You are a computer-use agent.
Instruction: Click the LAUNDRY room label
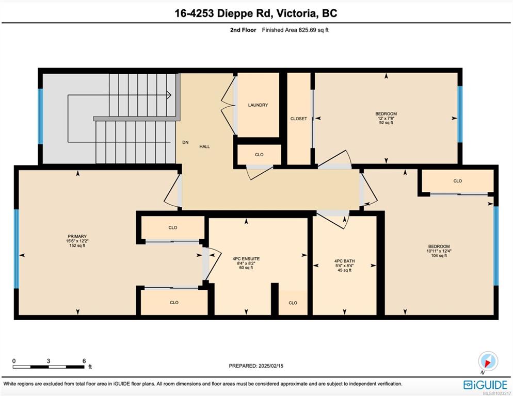[258, 105]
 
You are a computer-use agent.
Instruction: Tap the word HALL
[205, 146]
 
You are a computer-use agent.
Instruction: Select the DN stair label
[185, 142]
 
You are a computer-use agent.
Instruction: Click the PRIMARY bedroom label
[77, 236]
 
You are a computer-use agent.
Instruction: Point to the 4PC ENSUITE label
[246, 259]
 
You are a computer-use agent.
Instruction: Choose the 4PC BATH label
[345, 261]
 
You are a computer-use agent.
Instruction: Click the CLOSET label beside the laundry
[299, 119]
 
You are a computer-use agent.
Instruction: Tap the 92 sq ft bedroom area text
[386, 123]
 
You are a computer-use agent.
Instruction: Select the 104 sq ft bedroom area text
[439, 255]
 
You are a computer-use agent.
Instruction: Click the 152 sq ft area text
[77, 245]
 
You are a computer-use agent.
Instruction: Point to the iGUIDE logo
[485, 385]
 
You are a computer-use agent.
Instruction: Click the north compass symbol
[488, 361]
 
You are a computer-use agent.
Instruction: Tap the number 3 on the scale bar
[49, 361]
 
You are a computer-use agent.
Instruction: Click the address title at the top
[256, 13]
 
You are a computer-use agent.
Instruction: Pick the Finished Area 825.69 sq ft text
[295, 30]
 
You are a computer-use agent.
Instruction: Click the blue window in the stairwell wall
[40, 117]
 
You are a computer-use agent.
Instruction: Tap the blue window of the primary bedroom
[17, 249]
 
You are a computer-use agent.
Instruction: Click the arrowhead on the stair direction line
[169, 95]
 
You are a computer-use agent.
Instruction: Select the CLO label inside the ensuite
[293, 303]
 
